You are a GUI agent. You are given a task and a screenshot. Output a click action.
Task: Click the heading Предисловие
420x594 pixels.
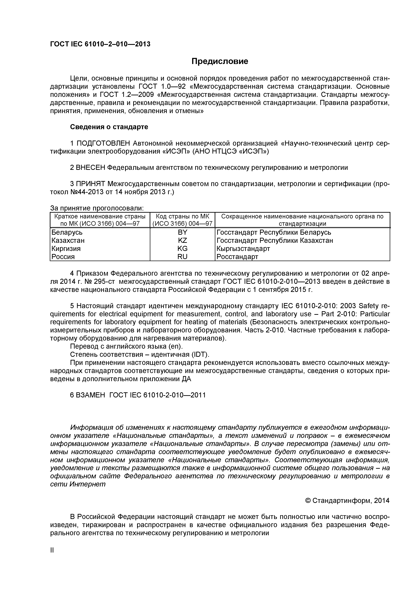(220, 61)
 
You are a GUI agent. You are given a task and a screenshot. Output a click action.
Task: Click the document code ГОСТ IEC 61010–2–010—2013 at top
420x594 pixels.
(100, 44)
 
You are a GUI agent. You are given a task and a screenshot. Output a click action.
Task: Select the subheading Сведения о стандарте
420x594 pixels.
(109, 127)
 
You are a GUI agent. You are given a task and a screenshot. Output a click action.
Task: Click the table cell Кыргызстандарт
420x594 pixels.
(243, 249)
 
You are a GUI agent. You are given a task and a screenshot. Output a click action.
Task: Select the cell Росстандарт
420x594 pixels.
(237, 257)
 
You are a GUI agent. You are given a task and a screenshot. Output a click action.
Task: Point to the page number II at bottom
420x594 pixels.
(52, 558)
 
